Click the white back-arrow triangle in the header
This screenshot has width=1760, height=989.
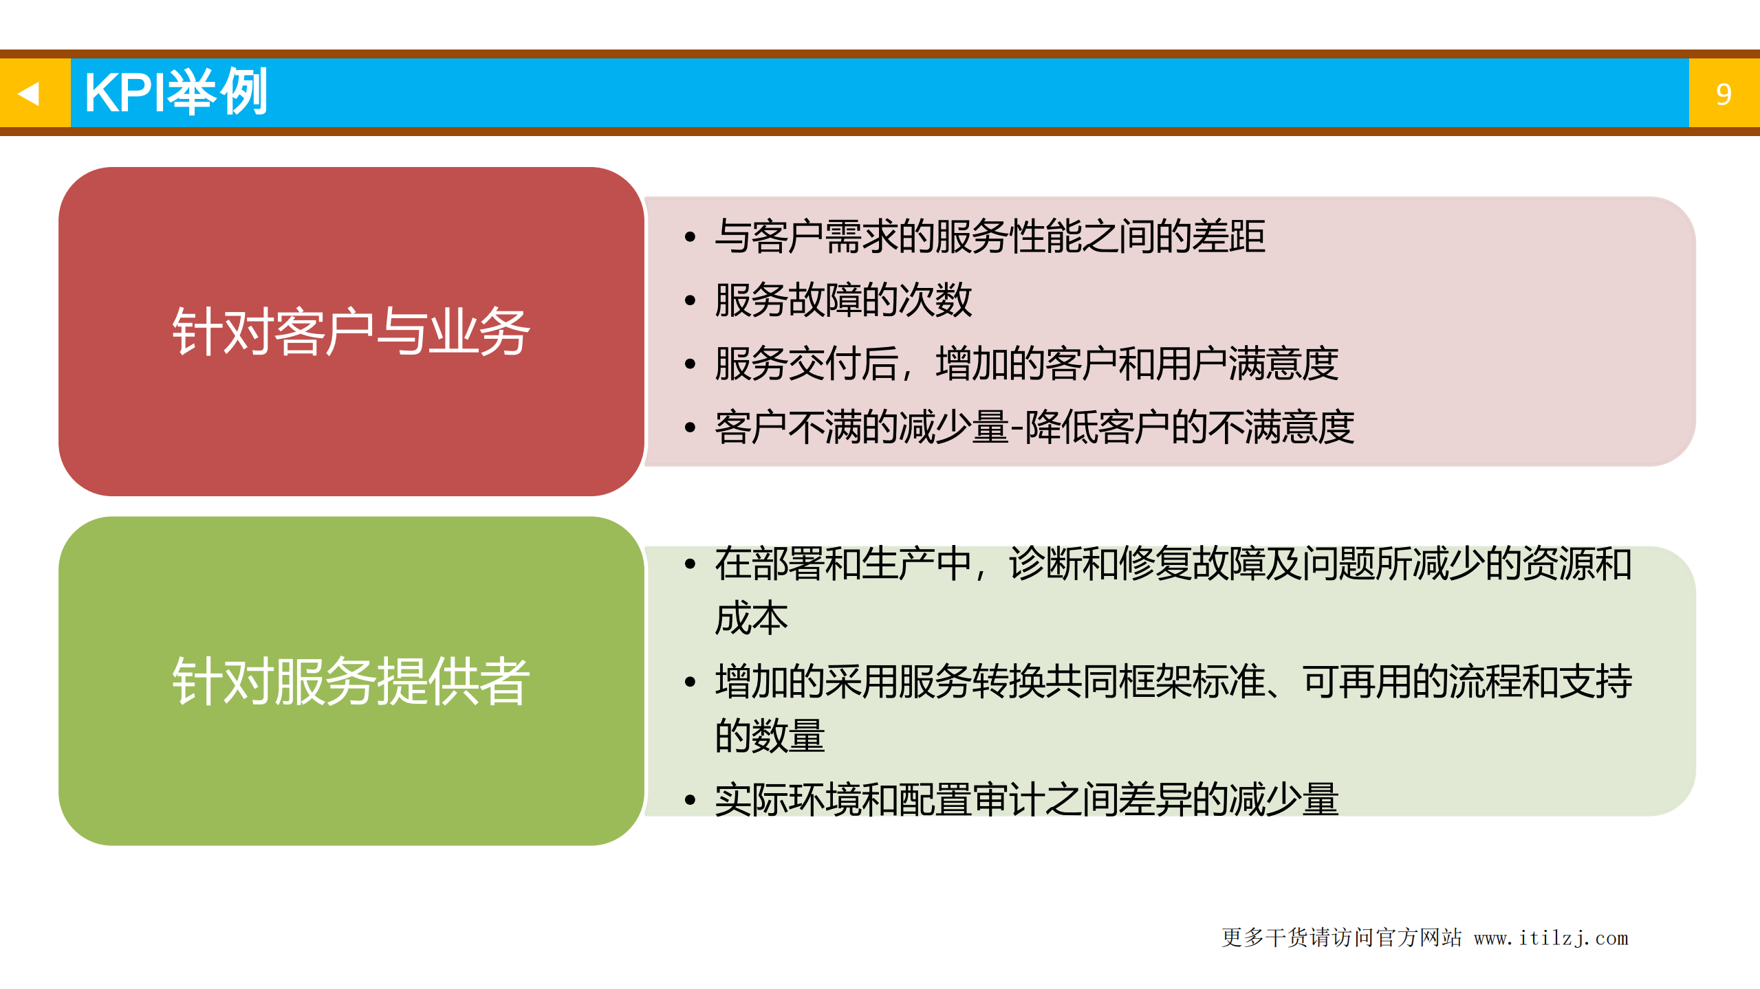[x=29, y=93]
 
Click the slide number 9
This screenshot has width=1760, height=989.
[x=1723, y=94]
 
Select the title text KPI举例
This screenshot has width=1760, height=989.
[x=175, y=93]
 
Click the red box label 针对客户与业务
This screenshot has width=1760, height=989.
[x=351, y=332]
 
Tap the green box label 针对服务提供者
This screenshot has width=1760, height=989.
[x=351, y=681]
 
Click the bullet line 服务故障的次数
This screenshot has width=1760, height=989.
[x=843, y=300]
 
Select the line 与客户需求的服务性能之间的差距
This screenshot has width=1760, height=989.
[x=990, y=236]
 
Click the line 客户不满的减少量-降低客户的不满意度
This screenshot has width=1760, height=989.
[x=1034, y=427]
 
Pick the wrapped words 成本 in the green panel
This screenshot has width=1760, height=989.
[x=751, y=618]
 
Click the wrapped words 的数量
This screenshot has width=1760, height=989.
[x=770, y=736]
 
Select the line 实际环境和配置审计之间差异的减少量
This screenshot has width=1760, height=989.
[x=1026, y=800]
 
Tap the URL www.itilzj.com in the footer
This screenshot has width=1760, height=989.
[x=1550, y=938]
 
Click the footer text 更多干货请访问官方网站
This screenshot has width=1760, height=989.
[x=1341, y=937]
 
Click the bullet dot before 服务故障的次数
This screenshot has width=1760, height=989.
[x=690, y=301]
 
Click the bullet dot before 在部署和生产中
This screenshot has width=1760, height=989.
[x=690, y=565]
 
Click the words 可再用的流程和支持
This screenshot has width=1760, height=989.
[x=1467, y=682]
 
